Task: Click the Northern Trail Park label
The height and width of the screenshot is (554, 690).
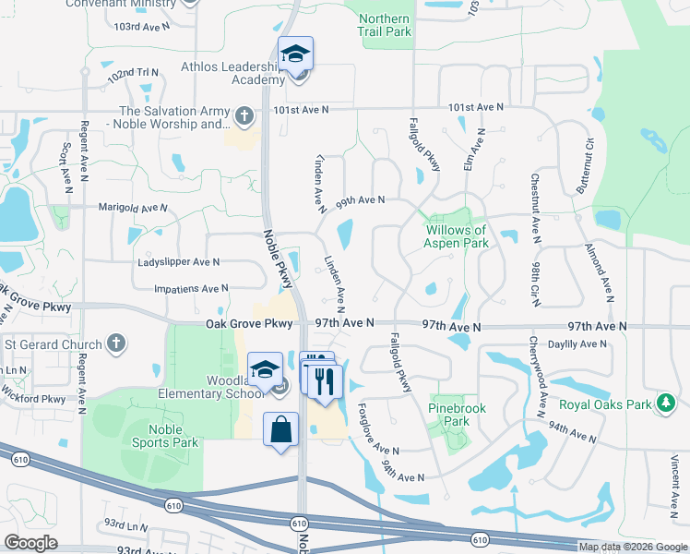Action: (x=383, y=25)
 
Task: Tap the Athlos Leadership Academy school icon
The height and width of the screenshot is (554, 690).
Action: (x=296, y=54)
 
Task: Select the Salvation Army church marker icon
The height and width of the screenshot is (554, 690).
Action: (x=244, y=116)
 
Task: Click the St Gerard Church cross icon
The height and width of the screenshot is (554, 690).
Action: (x=115, y=344)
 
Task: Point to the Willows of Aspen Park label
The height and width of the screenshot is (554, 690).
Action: (x=455, y=236)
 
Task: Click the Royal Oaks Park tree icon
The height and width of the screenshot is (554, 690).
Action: (x=664, y=403)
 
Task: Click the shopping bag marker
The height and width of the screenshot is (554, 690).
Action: (x=281, y=430)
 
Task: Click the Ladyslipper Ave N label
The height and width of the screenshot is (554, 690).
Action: (x=179, y=262)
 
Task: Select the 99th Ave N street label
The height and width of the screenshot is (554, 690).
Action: (x=360, y=199)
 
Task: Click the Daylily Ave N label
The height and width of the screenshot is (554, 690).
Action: (x=577, y=344)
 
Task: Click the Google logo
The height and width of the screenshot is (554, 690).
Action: (x=30, y=543)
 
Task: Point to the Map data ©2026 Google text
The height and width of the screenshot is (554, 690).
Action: (x=632, y=547)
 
